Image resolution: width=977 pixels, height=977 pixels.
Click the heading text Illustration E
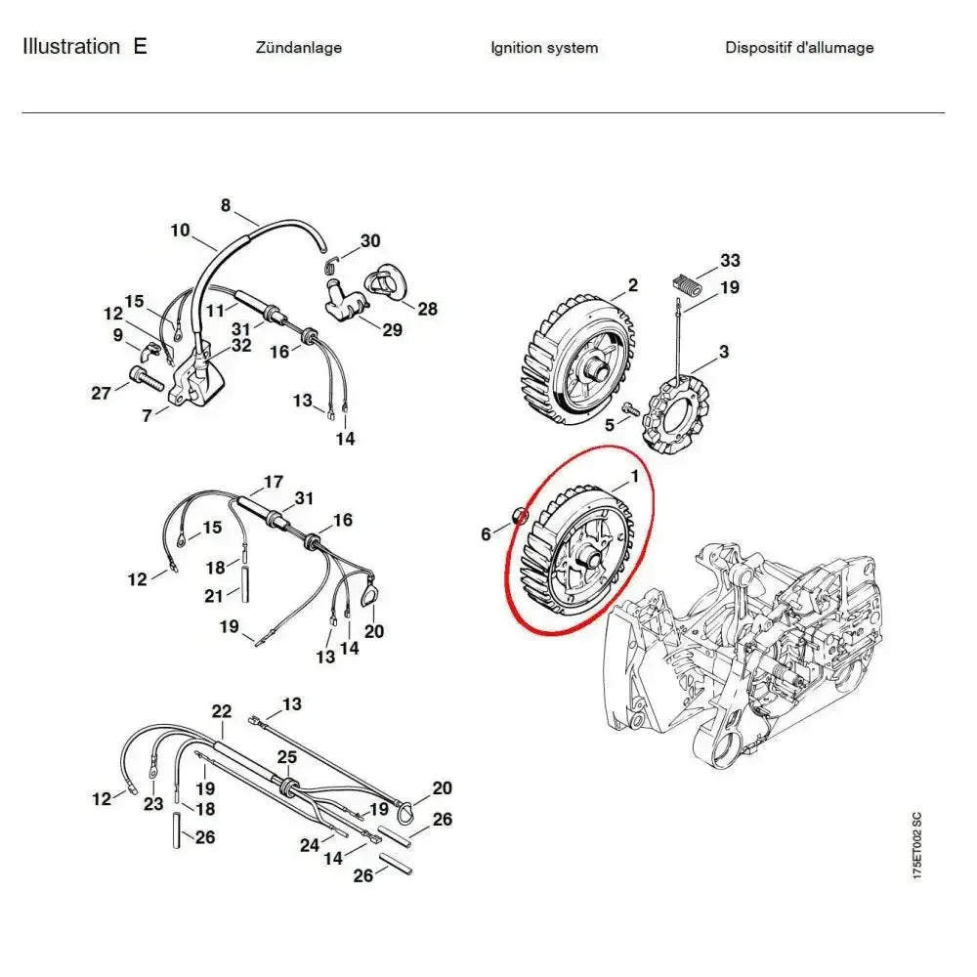click(x=85, y=47)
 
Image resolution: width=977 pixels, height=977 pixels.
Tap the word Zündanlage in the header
click(x=298, y=48)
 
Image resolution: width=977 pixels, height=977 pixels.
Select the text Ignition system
click(x=544, y=48)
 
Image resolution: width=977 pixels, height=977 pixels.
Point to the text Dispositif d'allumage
click(x=799, y=48)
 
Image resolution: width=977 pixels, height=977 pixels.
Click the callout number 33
click(x=730, y=260)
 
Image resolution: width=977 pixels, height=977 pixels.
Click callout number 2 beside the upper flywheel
click(x=632, y=285)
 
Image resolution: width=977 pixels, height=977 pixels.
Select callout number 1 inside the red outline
click(x=634, y=477)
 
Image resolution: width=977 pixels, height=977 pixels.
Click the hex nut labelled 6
click(x=520, y=515)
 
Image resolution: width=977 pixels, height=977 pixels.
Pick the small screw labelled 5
click(x=630, y=409)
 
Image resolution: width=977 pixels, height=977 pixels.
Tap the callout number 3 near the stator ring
click(x=723, y=352)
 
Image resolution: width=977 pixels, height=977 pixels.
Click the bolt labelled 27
click(x=147, y=378)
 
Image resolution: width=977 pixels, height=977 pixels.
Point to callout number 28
click(x=428, y=309)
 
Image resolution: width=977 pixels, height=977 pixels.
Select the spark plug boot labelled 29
click(x=346, y=300)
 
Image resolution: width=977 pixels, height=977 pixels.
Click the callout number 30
click(x=370, y=240)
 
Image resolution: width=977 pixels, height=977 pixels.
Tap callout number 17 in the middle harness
click(x=273, y=482)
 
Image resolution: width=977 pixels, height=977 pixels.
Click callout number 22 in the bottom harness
click(x=221, y=711)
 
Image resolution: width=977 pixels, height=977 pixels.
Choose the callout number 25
click(x=286, y=757)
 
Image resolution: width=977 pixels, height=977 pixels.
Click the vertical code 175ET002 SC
click(x=916, y=845)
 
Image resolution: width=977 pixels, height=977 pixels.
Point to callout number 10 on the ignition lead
click(x=180, y=230)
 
